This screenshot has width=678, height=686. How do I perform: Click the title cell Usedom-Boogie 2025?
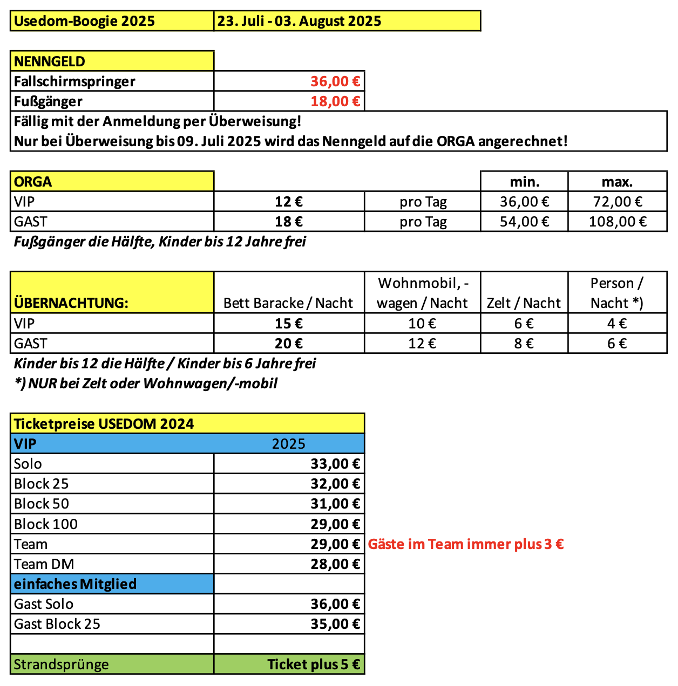85,21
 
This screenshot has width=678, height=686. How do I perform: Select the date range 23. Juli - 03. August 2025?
299,21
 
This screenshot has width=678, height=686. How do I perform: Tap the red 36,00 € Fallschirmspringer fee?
335,81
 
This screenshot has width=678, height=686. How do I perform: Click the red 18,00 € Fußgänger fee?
335,101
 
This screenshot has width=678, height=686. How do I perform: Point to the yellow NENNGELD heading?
50,61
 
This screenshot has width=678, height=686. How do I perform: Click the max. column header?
617,182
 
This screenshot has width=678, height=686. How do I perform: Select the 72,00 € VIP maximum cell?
617,202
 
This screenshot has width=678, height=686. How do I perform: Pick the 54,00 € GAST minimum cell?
524,222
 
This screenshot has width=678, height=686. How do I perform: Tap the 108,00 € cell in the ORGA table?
617,222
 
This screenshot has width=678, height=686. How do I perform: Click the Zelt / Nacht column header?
524,303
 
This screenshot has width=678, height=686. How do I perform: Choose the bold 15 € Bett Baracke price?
289,324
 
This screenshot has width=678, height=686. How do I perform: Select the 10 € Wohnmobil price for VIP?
422,324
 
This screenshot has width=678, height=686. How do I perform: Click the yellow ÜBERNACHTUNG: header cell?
71,303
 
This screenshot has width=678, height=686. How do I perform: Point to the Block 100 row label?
46,524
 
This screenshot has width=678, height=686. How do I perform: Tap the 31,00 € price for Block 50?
335,504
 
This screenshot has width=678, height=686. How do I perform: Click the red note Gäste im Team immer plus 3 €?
465,544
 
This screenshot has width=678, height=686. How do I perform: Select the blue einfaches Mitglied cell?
76,584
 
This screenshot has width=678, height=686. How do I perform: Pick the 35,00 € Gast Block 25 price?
335,624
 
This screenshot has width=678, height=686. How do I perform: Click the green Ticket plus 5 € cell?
313,664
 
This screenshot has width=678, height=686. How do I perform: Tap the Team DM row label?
44,564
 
